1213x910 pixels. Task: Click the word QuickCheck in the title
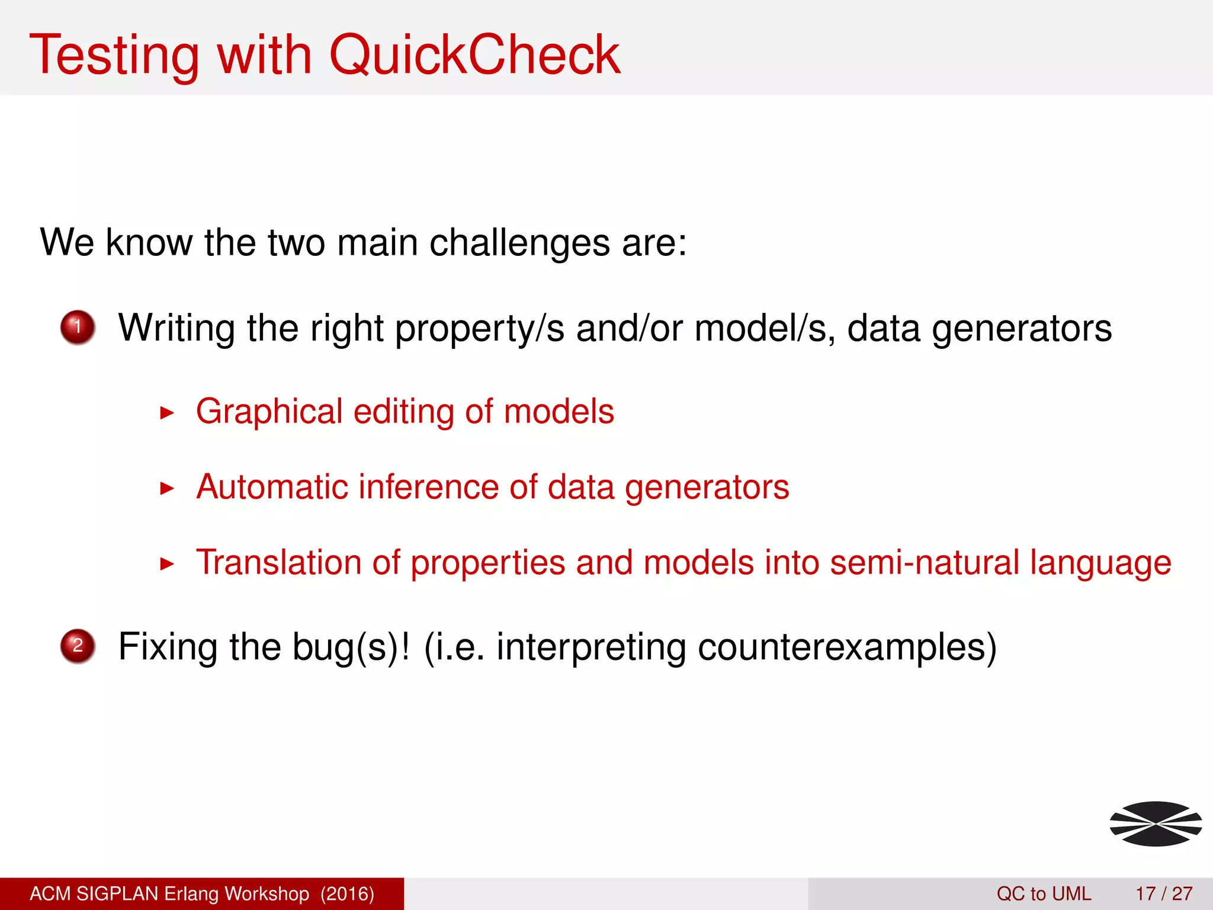[x=474, y=55]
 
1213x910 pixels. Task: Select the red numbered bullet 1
[x=78, y=327]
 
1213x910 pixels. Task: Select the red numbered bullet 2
[x=78, y=646]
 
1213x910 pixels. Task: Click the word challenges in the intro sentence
[x=519, y=243]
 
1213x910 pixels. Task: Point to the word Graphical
[x=269, y=412]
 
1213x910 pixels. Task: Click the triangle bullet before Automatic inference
[x=168, y=488]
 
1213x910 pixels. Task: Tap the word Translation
[x=278, y=562]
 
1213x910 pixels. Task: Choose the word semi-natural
[x=924, y=562]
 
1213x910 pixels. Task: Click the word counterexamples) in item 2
[x=847, y=647]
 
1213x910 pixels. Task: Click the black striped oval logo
[x=1156, y=824]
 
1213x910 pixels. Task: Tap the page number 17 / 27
[x=1164, y=893]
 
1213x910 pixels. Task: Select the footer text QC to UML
[x=1044, y=893]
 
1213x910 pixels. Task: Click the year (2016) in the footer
[x=347, y=893]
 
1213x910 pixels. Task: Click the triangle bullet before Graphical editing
[x=168, y=413]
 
